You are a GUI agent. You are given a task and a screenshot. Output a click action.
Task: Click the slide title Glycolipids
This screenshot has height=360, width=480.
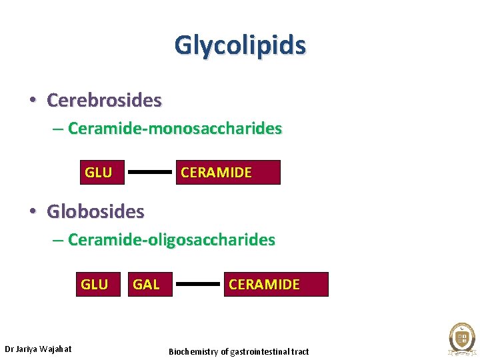click(240, 45)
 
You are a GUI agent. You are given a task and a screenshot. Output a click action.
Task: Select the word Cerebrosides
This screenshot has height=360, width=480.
click(104, 101)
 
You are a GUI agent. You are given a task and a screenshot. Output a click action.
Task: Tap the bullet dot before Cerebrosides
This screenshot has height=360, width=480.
click(33, 101)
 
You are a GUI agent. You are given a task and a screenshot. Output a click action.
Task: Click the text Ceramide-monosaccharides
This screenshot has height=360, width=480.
click(175, 128)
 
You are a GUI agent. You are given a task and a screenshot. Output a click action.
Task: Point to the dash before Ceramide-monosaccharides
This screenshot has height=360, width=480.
click(58, 129)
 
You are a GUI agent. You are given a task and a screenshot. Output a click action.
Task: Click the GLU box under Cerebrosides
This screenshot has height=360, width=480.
click(98, 173)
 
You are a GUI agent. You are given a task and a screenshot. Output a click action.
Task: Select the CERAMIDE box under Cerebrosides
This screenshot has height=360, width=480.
click(229, 173)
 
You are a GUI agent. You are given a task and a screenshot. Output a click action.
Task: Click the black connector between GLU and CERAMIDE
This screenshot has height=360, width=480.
click(149, 172)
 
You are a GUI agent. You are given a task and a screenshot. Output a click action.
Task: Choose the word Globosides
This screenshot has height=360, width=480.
click(95, 212)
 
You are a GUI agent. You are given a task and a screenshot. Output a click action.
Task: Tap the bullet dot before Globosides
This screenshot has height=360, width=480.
click(33, 212)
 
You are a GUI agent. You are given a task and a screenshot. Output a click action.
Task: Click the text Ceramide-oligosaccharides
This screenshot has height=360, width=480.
click(171, 239)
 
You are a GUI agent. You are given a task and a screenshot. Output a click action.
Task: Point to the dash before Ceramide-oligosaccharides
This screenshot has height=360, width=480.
click(58, 240)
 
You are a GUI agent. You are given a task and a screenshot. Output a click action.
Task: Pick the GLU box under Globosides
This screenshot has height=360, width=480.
click(94, 285)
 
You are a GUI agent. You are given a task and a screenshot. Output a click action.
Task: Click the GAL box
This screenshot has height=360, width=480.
click(146, 285)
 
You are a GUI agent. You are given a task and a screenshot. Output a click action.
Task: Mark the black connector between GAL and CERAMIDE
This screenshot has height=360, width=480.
click(197, 284)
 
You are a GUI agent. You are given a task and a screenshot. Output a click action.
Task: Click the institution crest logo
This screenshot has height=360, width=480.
click(461, 337)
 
